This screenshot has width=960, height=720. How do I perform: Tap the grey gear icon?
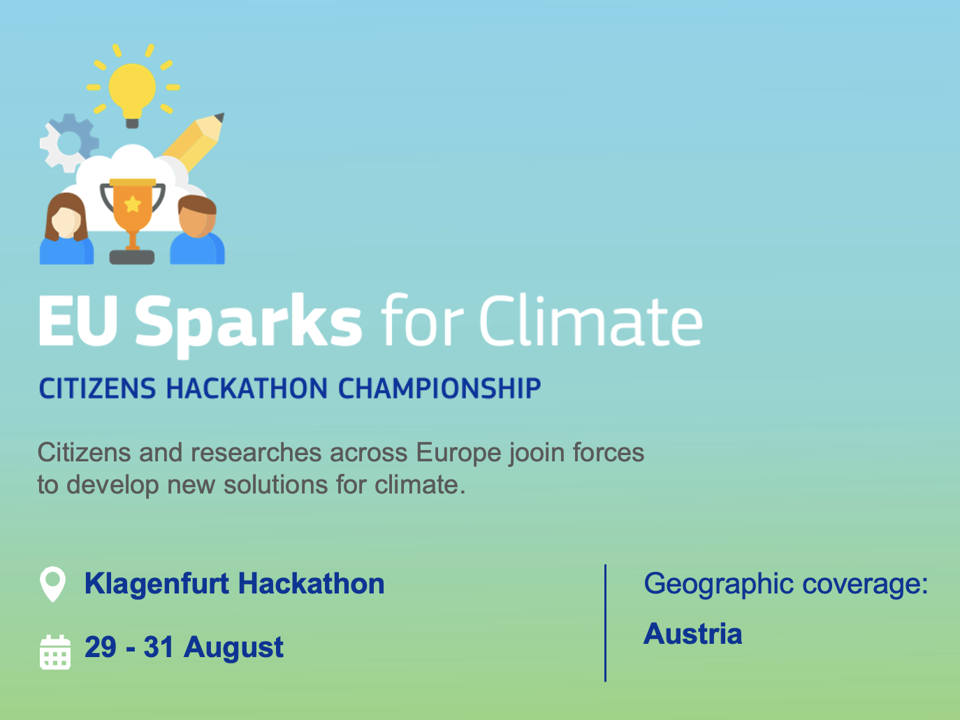point(68,143)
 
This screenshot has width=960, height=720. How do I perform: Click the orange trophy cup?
point(133,210)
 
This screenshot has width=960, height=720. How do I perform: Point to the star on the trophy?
point(133,204)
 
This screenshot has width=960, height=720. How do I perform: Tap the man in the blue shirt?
point(197,229)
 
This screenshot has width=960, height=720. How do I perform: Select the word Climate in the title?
point(591,321)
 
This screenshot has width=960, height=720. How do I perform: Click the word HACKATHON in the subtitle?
point(247,388)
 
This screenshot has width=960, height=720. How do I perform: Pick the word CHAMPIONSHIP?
point(440,388)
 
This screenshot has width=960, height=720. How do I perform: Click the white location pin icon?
point(53,584)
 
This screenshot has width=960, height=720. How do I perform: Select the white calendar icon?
point(55,652)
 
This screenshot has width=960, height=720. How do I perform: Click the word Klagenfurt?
point(157,584)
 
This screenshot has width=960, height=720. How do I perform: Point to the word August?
point(233,648)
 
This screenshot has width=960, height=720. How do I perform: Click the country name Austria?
point(693,634)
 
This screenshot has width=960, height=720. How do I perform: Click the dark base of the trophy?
point(132,257)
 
